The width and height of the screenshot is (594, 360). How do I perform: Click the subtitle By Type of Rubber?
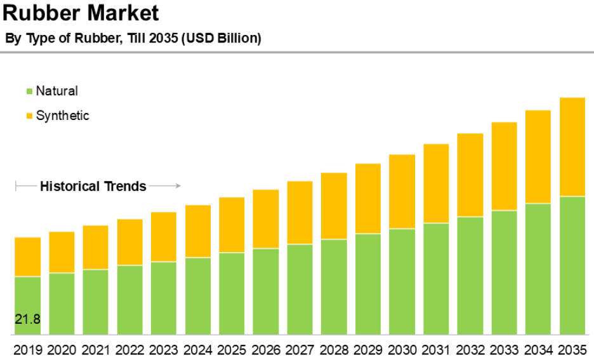[x=133, y=38]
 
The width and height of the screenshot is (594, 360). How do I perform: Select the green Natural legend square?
[x=29, y=91]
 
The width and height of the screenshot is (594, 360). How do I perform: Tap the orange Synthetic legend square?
[x=29, y=116]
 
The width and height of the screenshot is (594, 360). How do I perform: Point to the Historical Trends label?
[x=93, y=187]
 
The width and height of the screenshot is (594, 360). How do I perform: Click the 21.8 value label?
[x=27, y=319]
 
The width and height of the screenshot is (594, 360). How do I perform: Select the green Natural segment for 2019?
[x=27, y=298]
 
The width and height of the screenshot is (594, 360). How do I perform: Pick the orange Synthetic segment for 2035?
[x=572, y=147]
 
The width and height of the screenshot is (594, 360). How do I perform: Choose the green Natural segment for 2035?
[x=572, y=265]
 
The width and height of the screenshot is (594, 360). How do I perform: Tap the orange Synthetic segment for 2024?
[x=198, y=231]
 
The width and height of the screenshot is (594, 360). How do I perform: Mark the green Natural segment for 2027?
[x=300, y=290]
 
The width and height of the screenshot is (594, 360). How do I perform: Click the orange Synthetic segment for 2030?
[x=402, y=191]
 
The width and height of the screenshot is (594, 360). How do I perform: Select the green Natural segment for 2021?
[x=95, y=302]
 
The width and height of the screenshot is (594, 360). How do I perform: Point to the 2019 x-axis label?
[x=27, y=349]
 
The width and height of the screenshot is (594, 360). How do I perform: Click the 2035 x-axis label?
[x=572, y=349]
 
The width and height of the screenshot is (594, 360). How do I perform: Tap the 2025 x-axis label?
[x=232, y=349]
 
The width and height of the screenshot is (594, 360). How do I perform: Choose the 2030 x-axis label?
[x=402, y=349]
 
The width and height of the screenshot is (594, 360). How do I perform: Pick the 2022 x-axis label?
[x=129, y=349]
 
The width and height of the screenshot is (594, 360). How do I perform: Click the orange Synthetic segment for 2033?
[x=504, y=166]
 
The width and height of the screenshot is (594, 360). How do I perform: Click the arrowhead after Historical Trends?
[x=178, y=186]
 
